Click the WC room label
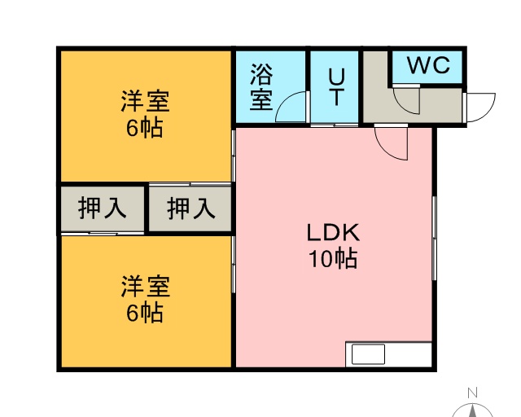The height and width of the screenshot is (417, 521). (428, 65)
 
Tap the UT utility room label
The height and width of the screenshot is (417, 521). (336, 86)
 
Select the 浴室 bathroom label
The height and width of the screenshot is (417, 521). (261, 86)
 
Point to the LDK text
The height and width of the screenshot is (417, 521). (333, 232)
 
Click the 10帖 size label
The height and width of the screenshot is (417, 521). (333, 258)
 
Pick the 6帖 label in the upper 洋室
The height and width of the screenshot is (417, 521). (145, 128)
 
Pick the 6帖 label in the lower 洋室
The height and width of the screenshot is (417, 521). (145, 313)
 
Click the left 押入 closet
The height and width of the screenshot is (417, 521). (103, 208)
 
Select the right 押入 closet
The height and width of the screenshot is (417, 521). (190, 208)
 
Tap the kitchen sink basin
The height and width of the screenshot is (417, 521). (368, 354)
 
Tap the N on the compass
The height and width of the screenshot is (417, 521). (472, 393)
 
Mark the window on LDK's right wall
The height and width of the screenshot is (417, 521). (434, 238)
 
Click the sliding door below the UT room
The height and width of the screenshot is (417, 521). (335, 125)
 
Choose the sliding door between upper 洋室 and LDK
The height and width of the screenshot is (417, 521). (234, 156)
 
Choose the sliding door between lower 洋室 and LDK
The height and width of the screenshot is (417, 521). (234, 265)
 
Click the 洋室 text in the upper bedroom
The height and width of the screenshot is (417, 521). (145, 101)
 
